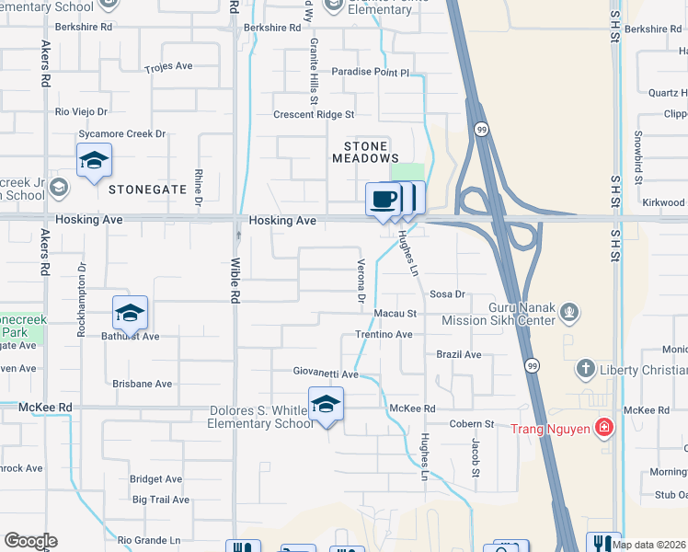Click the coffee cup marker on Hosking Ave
[383, 199]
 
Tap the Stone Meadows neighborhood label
[372, 152]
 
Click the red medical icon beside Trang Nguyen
[603, 427]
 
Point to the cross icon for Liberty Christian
[585, 370]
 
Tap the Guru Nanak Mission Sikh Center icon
[570, 313]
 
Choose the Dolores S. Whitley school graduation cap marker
[326, 404]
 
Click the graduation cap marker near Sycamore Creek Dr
[94, 160]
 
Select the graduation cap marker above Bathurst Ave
[130, 313]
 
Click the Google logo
[30, 541]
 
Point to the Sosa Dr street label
[449, 294]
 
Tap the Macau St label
[396, 314]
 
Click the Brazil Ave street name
[459, 354]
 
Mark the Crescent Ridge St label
[314, 115]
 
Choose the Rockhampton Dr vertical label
[81, 301]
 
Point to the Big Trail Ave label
[161, 500]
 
